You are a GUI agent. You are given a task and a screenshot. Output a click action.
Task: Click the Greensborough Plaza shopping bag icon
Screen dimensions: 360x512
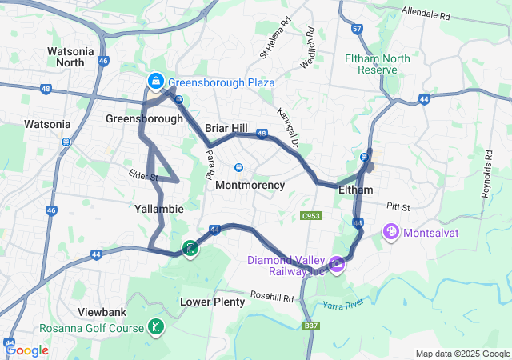click(x=155, y=82)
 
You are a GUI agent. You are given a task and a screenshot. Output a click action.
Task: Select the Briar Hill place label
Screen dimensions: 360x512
click(x=226, y=128)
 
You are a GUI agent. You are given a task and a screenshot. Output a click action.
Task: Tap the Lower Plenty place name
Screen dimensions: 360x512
click(x=212, y=302)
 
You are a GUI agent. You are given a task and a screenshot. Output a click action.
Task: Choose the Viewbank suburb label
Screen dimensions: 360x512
click(x=102, y=311)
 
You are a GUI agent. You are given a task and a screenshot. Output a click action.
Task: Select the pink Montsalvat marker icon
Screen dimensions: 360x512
click(x=391, y=233)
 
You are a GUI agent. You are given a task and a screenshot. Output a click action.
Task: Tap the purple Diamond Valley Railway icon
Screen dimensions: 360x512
click(x=338, y=262)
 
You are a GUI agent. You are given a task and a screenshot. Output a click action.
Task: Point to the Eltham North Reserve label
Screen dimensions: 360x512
click(x=378, y=64)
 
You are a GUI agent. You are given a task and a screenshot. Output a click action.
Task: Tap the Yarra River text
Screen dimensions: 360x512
click(x=343, y=304)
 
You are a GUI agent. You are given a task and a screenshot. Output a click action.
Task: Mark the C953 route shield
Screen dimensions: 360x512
click(x=311, y=216)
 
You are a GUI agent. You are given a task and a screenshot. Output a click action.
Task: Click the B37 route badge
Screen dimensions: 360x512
click(x=311, y=326)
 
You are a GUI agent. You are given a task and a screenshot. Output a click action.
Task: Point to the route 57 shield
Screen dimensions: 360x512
click(x=357, y=29)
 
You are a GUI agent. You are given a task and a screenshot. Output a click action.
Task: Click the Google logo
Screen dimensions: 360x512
click(x=27, y=350)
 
